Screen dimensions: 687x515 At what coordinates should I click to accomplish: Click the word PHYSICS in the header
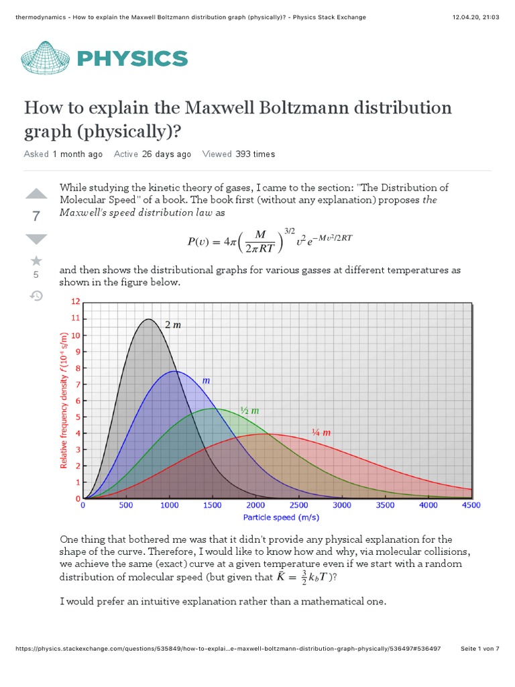click(x=132, y=58)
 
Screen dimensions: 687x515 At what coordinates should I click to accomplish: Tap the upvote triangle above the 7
click(x=36, y=195)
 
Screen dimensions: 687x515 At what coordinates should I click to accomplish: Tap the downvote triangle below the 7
click(x=36, y=239)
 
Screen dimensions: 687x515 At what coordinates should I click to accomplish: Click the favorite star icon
click(x=36, y=260)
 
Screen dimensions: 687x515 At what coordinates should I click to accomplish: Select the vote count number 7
click(x=36, y=217)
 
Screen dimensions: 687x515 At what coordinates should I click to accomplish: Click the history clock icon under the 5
click(x=36, y=295)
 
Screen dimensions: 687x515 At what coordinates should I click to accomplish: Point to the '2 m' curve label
click(x=173, y=325)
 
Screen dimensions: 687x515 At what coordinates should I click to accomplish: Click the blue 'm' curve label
click(x=207, y=380)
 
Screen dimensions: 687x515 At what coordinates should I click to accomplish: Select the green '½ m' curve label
click(x=249, y=410)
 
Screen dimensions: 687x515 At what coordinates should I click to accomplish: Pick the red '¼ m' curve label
click(x=321, y=432)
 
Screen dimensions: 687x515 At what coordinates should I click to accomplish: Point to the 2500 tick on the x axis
click(x=299, y=505)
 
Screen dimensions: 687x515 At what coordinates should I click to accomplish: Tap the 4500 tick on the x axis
click(x=471, y=505)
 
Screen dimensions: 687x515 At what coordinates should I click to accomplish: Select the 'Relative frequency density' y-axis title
click(x=64, y=403)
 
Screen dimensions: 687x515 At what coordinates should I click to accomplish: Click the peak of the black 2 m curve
click(x=149, y=319)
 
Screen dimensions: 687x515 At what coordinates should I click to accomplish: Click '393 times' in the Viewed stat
click(x=255, y=154)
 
